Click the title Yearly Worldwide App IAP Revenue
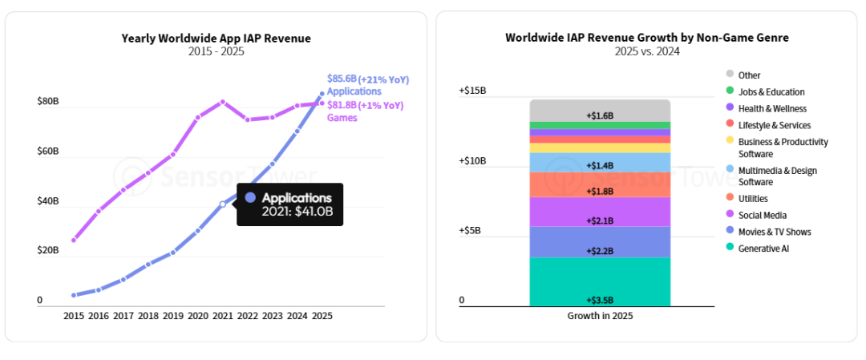tap(216, 38)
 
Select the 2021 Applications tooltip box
tap(289, 204)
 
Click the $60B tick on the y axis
tap(47, 151)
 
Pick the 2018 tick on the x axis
tap(148, 316)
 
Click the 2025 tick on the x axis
tap(322, 316)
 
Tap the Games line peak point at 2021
tap(223, 102)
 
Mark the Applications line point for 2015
tap(74, 295)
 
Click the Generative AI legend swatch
tap(730, 249)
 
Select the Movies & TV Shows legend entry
tap(775, 232)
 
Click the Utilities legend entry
tap(753, 198)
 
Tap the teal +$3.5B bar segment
tap(600, 282)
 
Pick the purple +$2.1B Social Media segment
tap(600, 212)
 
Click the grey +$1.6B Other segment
tap(600, 110)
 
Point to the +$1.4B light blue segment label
tap(600, 165)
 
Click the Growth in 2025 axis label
tap(600, 316)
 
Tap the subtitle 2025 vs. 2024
tap(646, 51)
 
